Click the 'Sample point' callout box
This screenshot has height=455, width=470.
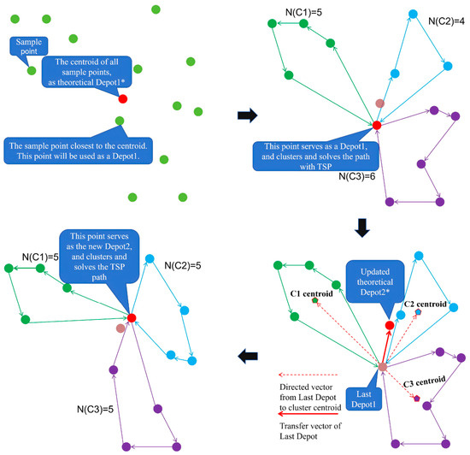pyautogui.click(x=29, y=46)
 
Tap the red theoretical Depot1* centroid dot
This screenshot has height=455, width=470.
pyautogui.click(x=123, y=98)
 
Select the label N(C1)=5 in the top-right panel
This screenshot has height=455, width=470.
pyautogui.click(x=303, y=12)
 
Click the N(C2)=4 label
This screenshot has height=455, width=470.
pyautogui.click(x=446, y=21)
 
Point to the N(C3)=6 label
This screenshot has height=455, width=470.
pyautogui.click(x=357, y=176)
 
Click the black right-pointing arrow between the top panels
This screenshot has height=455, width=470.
pyautogui.click(x=248, y=115)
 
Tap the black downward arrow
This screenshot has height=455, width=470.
pyautogui.click(x=362, y=228)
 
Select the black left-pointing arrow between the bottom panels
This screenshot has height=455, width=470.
pyautogui.click(x=248, y=356)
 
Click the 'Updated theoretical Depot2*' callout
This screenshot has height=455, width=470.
pyautogui.click(x=375, y=281)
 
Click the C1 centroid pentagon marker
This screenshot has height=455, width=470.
pyautogui.click(x=314, y=300)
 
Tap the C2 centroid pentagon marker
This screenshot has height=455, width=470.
pyautogui.click(x=418, y=312)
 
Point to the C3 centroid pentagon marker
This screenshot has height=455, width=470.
pyautogui.click(x=417, y=399)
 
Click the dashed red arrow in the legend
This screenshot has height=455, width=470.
pyautogui.click(x=308, y=375)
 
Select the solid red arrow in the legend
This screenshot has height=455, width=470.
pyautogui.click(x=308, y=414)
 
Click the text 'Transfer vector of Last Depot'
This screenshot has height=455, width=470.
pyautogui.click(x=310, y=431)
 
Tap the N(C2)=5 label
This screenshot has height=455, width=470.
pyautogui.click(x=183, y=265)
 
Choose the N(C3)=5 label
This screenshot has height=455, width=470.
pyautogui.click(x=95, y=410)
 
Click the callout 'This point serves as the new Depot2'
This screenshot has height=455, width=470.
pyautogui.click(x=99, y=257)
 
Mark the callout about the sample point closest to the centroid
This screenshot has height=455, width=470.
pyautogui.click(x=79, y=151)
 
